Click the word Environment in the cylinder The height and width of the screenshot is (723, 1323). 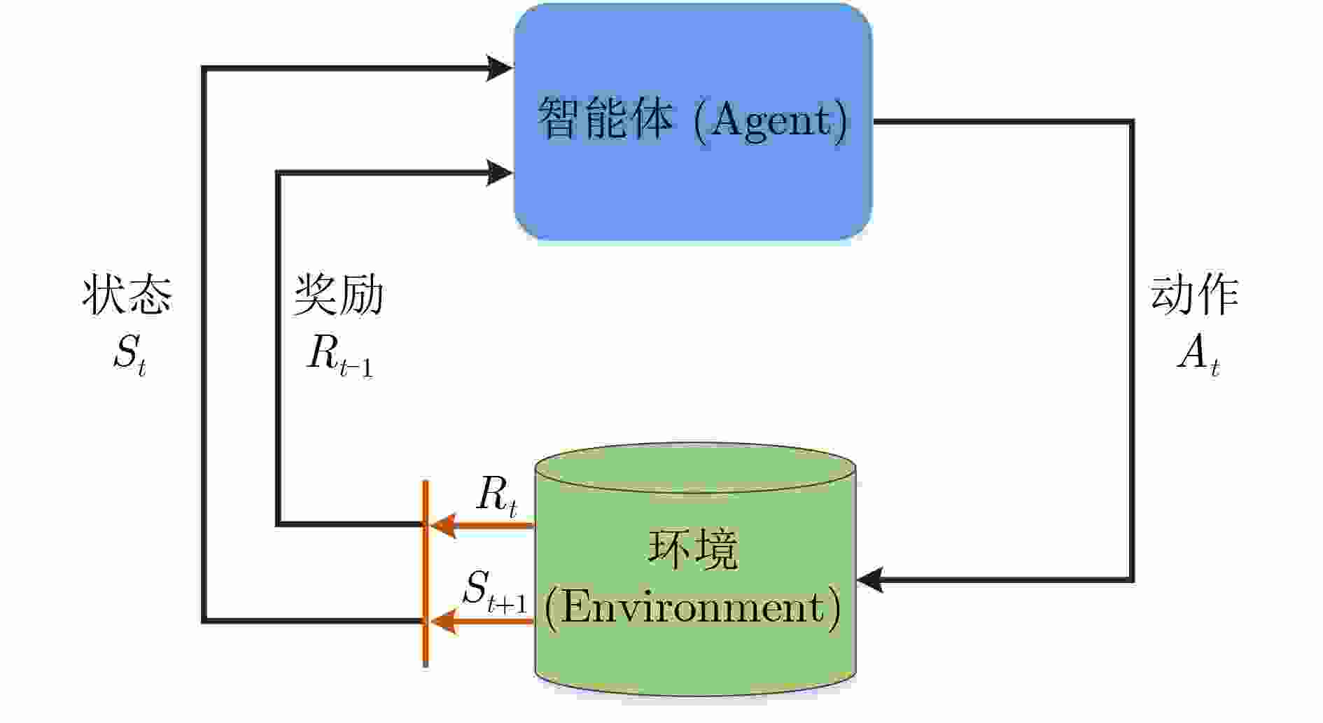[x=693, y=608]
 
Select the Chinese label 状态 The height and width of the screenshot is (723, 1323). [x=127, y=295]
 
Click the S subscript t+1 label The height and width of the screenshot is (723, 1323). [x=494, y=591]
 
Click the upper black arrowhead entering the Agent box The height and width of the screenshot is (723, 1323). [x=499, y=68]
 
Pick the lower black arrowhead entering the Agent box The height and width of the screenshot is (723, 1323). [x=499, y=172]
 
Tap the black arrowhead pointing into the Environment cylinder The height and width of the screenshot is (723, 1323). [x=870, y=580]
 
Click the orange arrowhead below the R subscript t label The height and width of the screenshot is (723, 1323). [x=442, y=525]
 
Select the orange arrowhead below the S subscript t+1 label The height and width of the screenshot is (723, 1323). [x=442, y=621]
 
